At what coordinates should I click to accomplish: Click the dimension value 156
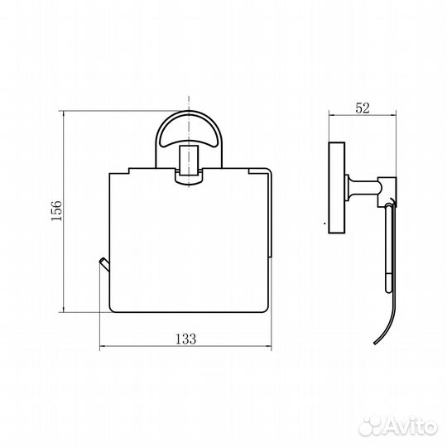(x=56, y=210)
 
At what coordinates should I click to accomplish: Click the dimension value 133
(x=185, y=339)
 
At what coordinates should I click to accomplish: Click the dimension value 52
(x=363, y=108)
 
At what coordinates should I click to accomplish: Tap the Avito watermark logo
(x=398, y=427)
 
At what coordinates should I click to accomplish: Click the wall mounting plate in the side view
(x=337, y=188)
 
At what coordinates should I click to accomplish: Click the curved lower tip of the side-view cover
(x=377, y=341)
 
